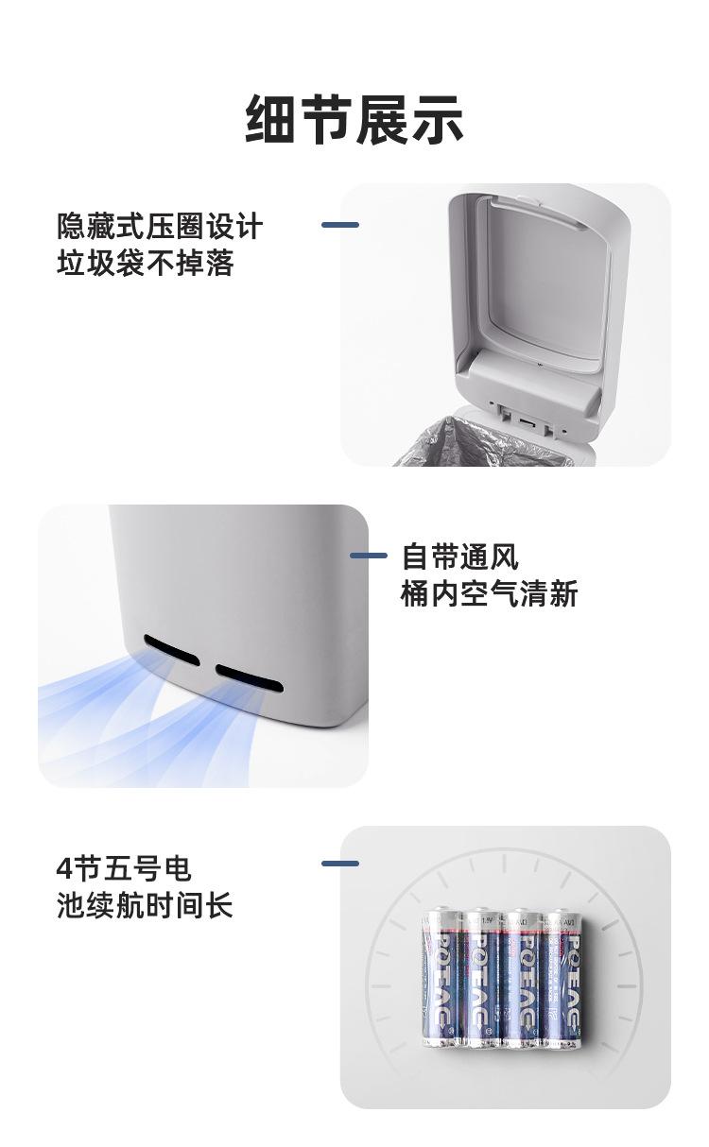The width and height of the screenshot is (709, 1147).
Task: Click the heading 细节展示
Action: pyautogui.click(x=354, y=120)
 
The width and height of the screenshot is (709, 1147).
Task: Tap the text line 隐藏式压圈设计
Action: pyautogui.click(x=160, y=227)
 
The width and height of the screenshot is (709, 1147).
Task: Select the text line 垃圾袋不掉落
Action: pyautogui.click(x=145, y=264)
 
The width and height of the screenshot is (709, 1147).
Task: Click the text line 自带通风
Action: pyautogui.click(x=459, y=556)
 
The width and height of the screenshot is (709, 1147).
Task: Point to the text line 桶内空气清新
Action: pyautogui.click(x=489, y=594)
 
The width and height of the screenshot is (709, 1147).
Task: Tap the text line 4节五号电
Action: pyautogui.click(x=124, y=868)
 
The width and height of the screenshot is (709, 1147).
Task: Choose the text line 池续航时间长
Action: pyautogui.click(x=145, y=906)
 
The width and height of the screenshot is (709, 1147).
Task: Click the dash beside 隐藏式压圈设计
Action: pyautogui.click(x=339, y=225)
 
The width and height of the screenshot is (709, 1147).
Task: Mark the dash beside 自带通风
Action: pyautogui.click(x=368, y=556)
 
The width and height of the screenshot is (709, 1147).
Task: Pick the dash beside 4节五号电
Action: pyautogui.click(x=339, y=864)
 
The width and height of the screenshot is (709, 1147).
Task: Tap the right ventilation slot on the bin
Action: pyautogui.click(x=249, y=676)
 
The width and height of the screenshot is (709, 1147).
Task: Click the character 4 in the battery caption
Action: pyautogui.click(x=64, y=868)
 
